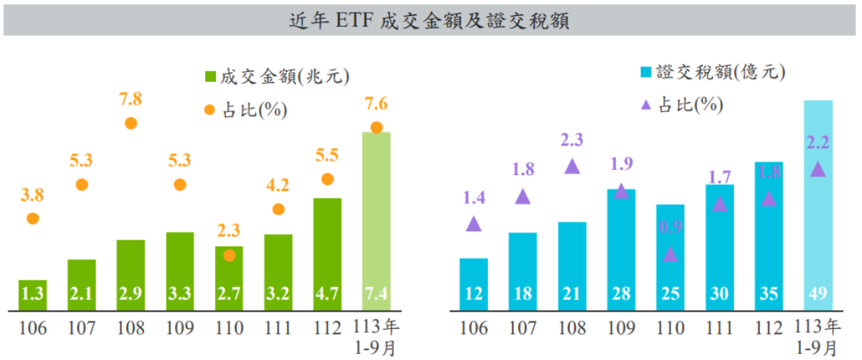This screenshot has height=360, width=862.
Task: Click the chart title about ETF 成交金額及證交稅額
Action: (430, 20)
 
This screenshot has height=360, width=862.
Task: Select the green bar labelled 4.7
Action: (327, 254)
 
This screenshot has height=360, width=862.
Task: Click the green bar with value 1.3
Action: (33, 295)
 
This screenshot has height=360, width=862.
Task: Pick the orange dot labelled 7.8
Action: (130, 124)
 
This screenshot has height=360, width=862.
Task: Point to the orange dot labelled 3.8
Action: (33, 219)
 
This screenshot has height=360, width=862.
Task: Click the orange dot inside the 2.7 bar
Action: (229, 255)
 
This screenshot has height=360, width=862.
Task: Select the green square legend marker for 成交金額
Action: (211, 77)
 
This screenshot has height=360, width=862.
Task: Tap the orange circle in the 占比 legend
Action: (211, 110)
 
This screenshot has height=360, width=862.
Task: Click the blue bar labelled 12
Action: (473, 284)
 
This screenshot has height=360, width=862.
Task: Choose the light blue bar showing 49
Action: (818, 205)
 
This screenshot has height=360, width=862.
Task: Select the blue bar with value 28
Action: (621, 250)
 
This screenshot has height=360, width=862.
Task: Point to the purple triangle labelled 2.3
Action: (572, 166)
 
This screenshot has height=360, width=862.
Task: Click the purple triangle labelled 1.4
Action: (473, 224)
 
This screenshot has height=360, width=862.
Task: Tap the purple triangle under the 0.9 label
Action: (670, 255)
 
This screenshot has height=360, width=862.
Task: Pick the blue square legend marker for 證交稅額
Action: (645, 73)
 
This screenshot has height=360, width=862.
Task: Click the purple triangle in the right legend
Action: (645, 105)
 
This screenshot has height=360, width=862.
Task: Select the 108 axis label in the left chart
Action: (130, 330)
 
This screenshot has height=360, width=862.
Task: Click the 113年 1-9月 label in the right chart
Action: (818, 337)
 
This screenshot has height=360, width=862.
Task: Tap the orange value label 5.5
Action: (327, 155)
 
